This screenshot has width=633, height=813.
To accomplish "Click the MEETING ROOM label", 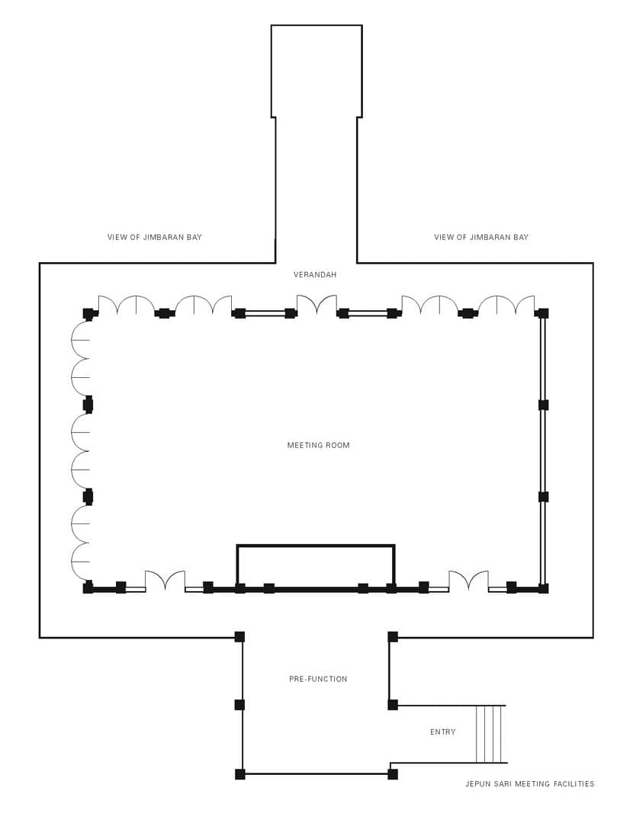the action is [x=318, y=445].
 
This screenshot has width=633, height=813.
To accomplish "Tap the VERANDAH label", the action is [x=315, y=275].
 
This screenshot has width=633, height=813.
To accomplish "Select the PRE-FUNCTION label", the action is [x=318, y=679].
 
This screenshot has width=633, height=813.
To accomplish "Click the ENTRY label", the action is [x=442, y=731].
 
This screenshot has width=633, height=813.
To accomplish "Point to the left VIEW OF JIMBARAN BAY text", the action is [x=155, y=237].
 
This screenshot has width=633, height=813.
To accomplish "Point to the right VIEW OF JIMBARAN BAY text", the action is [x=481, y=237].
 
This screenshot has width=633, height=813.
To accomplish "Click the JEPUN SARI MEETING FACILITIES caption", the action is [x=529, y=784].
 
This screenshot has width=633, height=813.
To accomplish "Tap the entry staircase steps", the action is [x=491, y=735].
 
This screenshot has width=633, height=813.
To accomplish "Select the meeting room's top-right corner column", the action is [x=543, y=313].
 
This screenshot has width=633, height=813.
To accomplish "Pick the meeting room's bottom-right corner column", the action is [x=543, y=588].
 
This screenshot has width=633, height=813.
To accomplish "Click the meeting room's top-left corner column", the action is [x=88, y=314].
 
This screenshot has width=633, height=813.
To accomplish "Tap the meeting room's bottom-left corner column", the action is [x=88, y=587].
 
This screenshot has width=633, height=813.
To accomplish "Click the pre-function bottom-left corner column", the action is [x=239, y=774].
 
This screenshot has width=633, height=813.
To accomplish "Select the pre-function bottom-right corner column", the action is [x=393, y=774].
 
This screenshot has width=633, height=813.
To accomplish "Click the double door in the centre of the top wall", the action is [x=316, y=305].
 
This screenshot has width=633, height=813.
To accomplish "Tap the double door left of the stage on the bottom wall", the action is [x=165, y=581].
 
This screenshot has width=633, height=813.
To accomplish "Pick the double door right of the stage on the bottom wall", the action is [x=468, y=581].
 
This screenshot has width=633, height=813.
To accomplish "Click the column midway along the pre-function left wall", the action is [x=239, y=705].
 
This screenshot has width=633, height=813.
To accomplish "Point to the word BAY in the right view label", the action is [x=520, y=237].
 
